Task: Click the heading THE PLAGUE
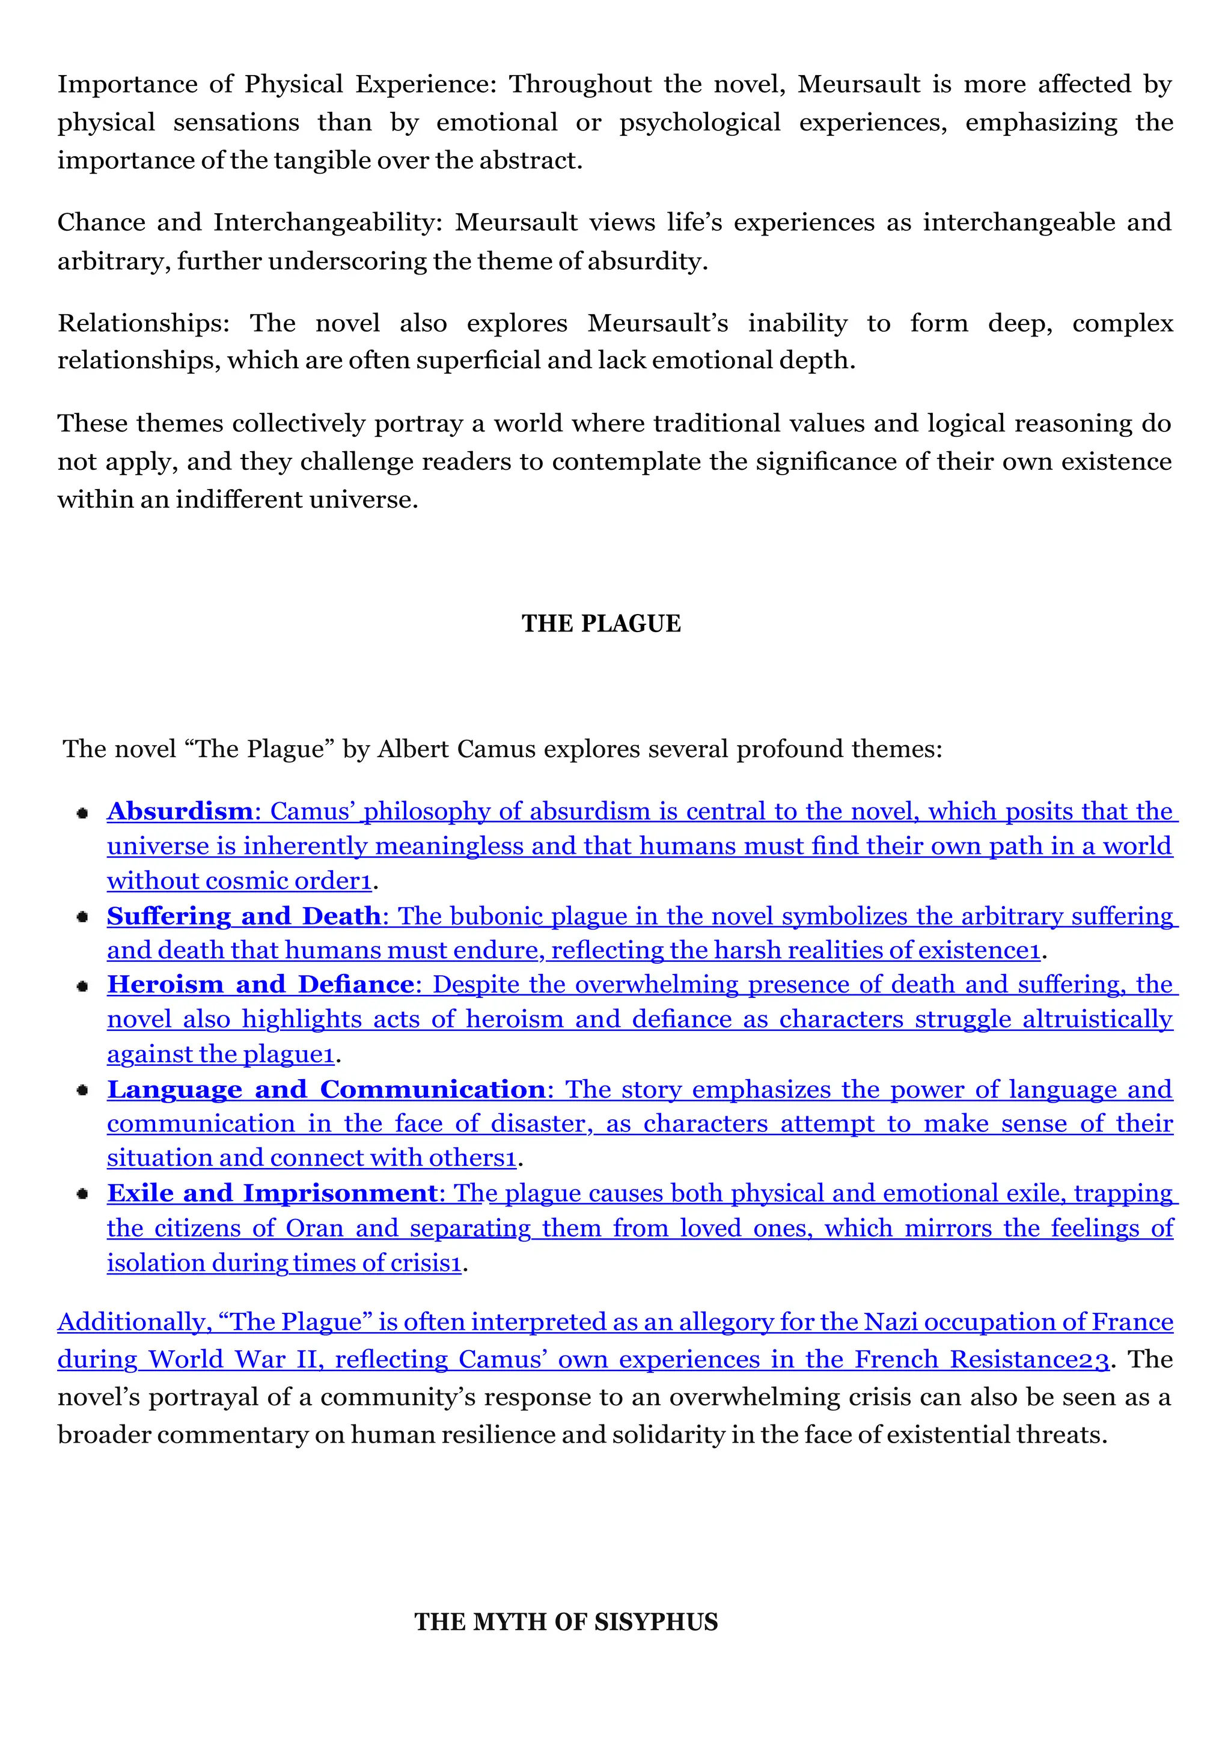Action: click(x=600, y=624)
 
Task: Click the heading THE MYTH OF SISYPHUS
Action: click(x=566, y=1622)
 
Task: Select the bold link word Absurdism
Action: click(x=180, y=812)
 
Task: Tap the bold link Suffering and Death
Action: click(x=243, y=916)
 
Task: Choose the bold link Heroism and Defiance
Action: click(x=260, y=984)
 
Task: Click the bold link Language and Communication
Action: click(x=326, y=1090)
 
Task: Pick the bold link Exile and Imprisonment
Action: click(x=272, y=1194)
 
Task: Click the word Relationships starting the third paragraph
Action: click(x=142, y=324)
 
